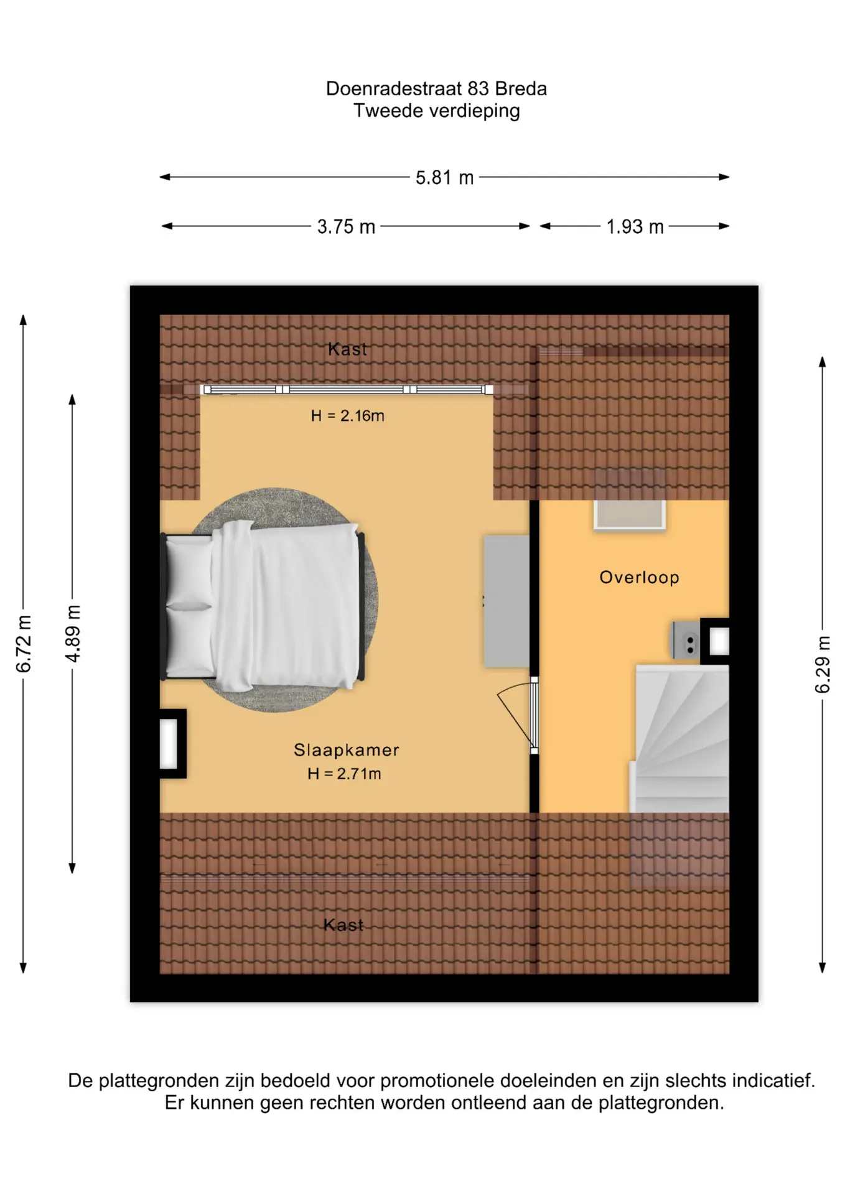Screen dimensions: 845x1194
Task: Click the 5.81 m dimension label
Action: click(444, 178)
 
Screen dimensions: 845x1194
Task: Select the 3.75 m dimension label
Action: click(346, 227)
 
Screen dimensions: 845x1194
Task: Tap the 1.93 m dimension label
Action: click(635, 227)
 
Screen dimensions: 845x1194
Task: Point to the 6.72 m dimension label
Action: click(24, 644)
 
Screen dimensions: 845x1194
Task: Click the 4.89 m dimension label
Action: click(73, 633)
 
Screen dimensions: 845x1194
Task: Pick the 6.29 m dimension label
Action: click(823, 664)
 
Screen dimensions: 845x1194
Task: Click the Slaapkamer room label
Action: click(346, 750)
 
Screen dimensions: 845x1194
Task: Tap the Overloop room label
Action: click(639, 577)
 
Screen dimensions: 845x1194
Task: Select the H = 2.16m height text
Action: click(347, 415)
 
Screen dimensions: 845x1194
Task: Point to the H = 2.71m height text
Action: click(344, 774)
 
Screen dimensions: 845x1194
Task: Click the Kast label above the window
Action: click(347, 349)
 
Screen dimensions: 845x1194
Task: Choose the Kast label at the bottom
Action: click(343, 925)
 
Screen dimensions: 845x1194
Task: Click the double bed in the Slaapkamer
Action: click(263, 606)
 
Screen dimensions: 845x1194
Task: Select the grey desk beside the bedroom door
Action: click(507, 601)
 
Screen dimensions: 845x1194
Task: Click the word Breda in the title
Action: click(521, 89)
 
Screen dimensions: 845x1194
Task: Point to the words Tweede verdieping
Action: click(436, 111)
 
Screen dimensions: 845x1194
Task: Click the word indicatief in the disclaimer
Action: click(773, 1080)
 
